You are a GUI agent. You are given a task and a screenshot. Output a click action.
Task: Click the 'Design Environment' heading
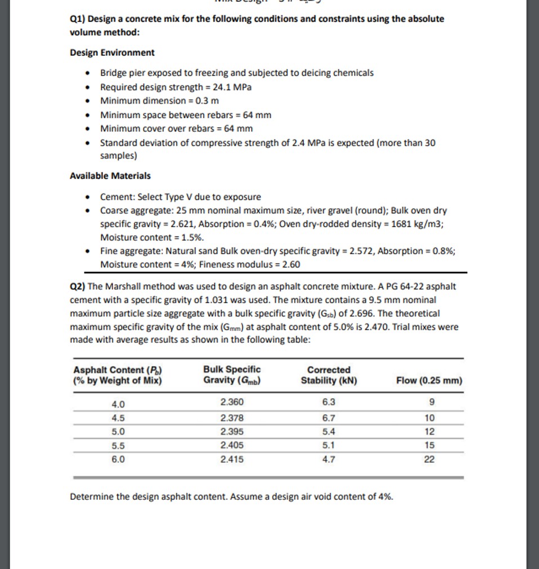click(x=112, y=52)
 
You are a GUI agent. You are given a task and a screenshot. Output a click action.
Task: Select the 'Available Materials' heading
click(x=110, y=176)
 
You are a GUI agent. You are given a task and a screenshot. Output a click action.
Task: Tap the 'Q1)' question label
click(x=77, y=19)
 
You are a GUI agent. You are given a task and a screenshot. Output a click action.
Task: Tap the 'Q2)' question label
click(x=77, y=286)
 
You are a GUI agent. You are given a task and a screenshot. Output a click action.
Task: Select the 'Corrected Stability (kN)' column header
click(x=329, y=375)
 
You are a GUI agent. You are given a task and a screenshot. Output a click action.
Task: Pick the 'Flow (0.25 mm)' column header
click(x=429, y=380)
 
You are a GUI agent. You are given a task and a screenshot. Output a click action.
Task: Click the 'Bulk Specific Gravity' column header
click(x=232, y=375)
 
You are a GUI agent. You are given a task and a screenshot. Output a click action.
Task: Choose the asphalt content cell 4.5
click(x=119, y=418)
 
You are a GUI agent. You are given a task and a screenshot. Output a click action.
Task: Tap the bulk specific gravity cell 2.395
click(x=232, y=432)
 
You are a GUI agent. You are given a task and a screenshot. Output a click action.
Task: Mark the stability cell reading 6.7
click(x=329, y=418)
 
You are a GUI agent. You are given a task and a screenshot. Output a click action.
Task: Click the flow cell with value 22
click(x=430, y=459)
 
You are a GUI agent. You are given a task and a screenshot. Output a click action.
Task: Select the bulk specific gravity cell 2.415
click(x=232, y=459)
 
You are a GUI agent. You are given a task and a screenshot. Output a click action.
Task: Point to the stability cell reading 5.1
click(x=329, y=445)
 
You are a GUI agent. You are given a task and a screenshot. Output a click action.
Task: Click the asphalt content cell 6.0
click(x=119, y=459)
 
